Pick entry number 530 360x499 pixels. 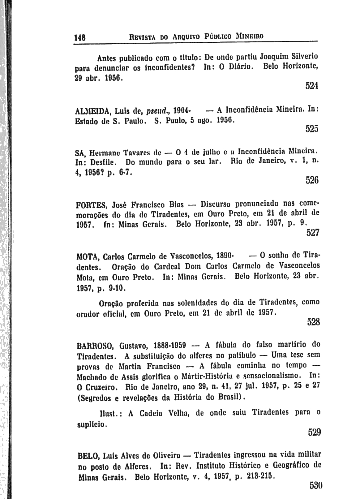tap(315, 485)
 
